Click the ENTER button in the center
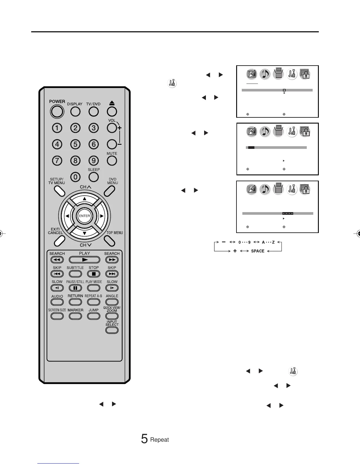[84, 216]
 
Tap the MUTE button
[112, 161]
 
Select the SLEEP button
[94, 177]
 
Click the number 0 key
[76, 177]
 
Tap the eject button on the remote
[112, 111]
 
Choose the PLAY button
[84, 260]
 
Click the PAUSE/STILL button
[75, 288]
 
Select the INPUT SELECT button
[112, 330]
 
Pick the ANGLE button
[112, 302]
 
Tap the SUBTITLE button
[75, 274]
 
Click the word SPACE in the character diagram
[258, 251]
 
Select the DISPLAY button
[75, 111]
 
